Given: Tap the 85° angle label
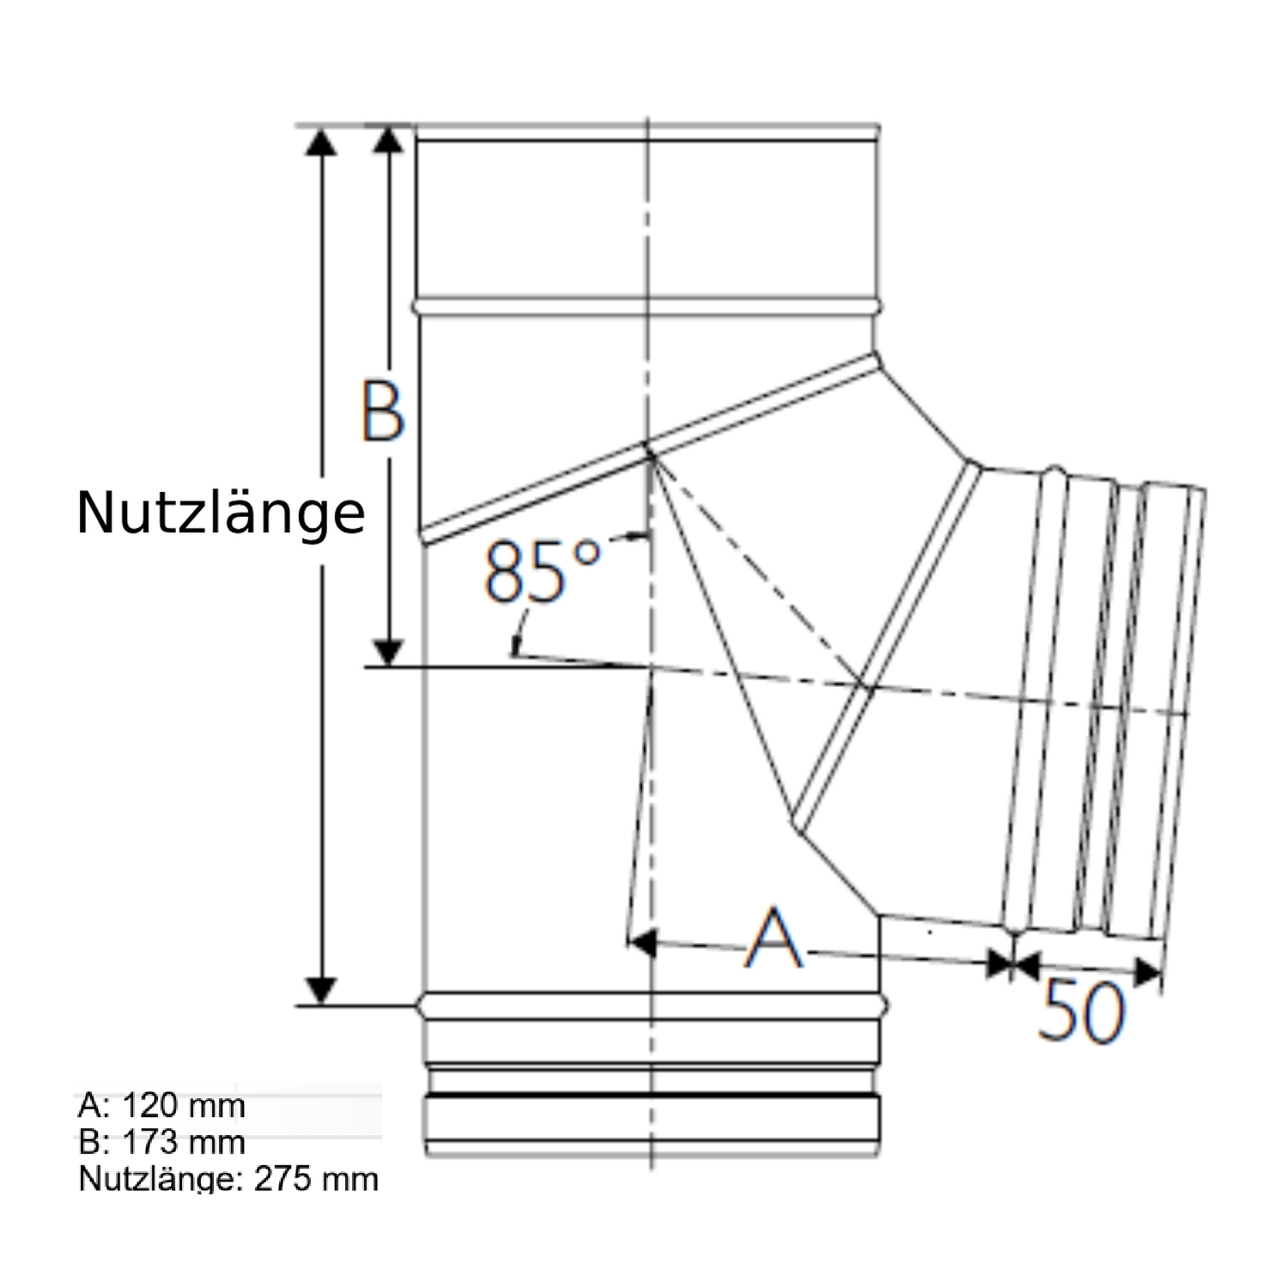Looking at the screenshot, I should coord(541,570).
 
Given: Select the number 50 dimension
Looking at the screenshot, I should coord(1080,1011).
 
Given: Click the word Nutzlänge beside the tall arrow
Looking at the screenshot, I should coord(221,513).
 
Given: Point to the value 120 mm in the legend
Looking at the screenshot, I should coord(184,1105).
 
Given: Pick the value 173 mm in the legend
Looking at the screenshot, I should coord(184,1142).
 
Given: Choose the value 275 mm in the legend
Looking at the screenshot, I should coord(316,1179).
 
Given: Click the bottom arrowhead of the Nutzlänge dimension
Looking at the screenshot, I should coord(321,989).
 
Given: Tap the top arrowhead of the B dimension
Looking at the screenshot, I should coord(389,141).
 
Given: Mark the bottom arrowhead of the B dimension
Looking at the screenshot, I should coord(389,652).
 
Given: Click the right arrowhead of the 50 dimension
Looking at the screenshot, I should coord(1147,972).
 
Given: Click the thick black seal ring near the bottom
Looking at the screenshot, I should coord(653,1097).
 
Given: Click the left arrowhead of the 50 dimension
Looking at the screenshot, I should coord(1026,964).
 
